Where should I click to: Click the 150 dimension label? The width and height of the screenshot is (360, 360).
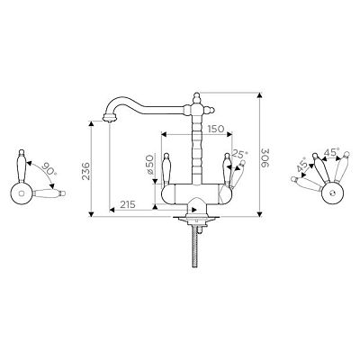[x=216, y=129]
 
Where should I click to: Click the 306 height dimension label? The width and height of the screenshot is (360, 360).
[x=265, y=157]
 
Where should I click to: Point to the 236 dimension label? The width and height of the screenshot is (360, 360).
[x=86, y=171]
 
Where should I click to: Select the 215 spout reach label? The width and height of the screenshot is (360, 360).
[x=128, y=204]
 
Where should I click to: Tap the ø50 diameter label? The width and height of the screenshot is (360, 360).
[x=149, y=165]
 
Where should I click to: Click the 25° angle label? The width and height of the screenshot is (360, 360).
[x=240, y=155]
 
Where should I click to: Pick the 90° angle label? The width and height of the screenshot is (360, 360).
[x=49, y=169]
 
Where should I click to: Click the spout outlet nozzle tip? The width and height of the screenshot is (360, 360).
[x=109, y=118]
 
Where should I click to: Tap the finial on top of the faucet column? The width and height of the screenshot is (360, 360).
[x=197, y=97]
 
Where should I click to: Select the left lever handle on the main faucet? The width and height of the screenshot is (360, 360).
[x=166, y=169]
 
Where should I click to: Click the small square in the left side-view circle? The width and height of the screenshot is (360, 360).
[x=21, y=193]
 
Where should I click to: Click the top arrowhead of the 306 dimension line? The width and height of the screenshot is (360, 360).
[x=260, y=95]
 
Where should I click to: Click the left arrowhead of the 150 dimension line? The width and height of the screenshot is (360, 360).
[x=164, y=134]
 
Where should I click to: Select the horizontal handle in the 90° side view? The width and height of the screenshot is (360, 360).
[x=49, y=193]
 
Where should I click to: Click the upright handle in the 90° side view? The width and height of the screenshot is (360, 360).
[x=22, y=166]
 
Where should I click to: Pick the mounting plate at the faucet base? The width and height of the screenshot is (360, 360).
[x=197, y=218]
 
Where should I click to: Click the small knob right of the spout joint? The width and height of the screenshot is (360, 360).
[x=211, y=110]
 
